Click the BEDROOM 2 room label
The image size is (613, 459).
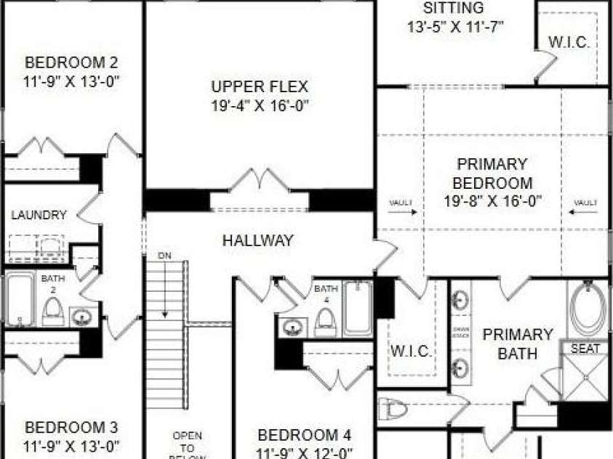(71, 62)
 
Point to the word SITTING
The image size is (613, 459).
(453, 9)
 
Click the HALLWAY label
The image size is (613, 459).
(257, 240)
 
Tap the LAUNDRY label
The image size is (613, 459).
(39, 215)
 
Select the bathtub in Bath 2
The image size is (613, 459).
(20, 299)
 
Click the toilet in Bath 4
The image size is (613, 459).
(325, 319)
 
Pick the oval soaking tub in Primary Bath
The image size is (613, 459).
(588, 309)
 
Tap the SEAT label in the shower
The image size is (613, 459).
(585, 349)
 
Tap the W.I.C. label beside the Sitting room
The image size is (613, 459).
(569, 42)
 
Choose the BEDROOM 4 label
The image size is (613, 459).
(305, 436)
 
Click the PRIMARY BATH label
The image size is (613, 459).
(518, 344)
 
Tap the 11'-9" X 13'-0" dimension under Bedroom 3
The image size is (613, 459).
(71, 444)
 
